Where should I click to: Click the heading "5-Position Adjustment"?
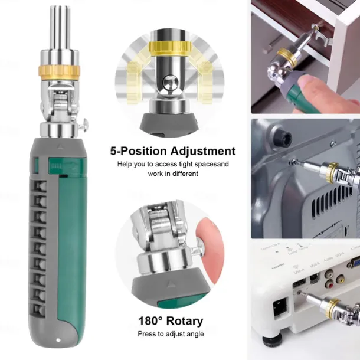click(x=173, y=151)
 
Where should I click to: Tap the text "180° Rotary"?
click(x=171, y=322)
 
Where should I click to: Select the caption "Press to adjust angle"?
click(x=171, y=334)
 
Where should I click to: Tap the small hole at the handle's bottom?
click(x=57, y=341)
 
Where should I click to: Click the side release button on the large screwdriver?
click(x=85, y=125)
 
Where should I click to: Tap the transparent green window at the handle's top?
click(x=50, y=166)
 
